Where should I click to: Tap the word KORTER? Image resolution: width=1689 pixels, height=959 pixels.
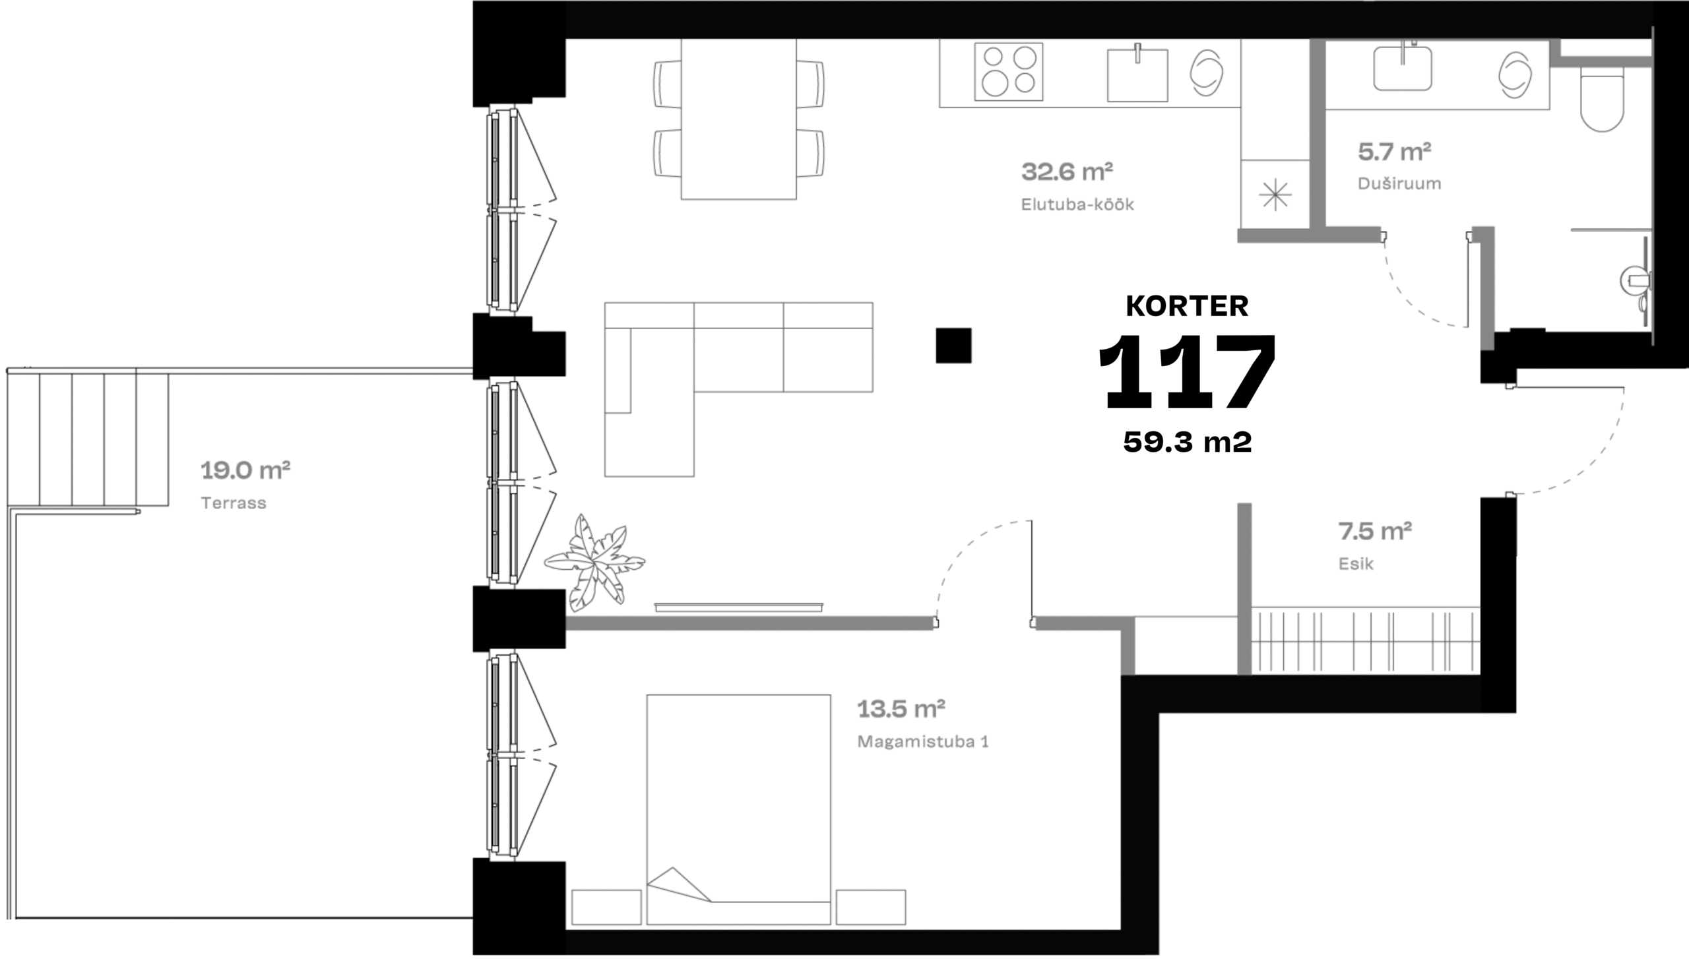point(1187,306)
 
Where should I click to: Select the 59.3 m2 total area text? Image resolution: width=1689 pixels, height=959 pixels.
point(1188,442)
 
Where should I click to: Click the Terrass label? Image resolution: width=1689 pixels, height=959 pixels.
point(234,503)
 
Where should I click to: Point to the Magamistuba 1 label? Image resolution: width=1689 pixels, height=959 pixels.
point(923,742)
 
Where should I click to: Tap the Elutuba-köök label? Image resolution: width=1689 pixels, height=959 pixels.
point(1077,204)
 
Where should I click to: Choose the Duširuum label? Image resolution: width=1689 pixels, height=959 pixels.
point(1399,183)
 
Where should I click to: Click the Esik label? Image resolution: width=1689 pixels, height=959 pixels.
point(1356,564)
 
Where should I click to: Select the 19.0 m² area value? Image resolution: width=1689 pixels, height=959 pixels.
point(245,470)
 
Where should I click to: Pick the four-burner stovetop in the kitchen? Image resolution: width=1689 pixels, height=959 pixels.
point(1009,71)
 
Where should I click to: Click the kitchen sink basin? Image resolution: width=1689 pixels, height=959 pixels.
point(1137,74)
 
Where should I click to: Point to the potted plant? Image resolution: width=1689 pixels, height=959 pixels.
point(594,562)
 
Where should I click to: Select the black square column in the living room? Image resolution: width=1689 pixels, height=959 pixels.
point(953,346)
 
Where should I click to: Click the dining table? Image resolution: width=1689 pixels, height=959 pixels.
point(739,119)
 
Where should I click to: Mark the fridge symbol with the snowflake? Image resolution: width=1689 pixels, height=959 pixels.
point(1275,195)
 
